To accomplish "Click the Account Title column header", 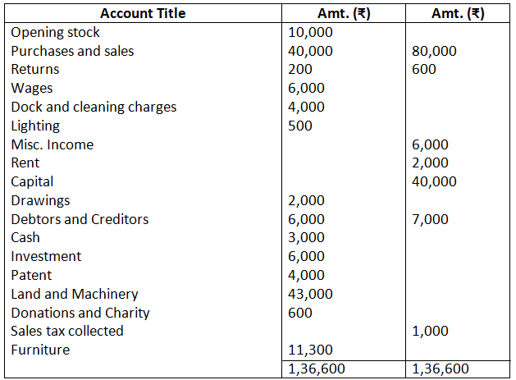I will [x=143, y=13].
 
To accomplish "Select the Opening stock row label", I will [x=55, y=32].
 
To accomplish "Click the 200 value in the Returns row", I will [x=301, y=70].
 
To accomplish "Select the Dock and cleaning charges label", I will [x=94, y=108].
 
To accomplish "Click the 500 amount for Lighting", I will [x=301, y=126].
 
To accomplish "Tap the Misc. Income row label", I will [x=53, y=145].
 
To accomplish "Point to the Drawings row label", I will [x=40, y=200].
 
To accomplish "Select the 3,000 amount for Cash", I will [x=307, y=238].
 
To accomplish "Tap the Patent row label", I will [x=31, y=275].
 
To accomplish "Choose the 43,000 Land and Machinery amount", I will [x=311, y=294].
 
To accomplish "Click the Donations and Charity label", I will [x=80, y=313].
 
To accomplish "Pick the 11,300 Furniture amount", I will [x=311, y=350].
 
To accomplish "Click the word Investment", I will [x=46, y=256].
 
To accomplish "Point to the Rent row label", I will [x=25, y=163].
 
